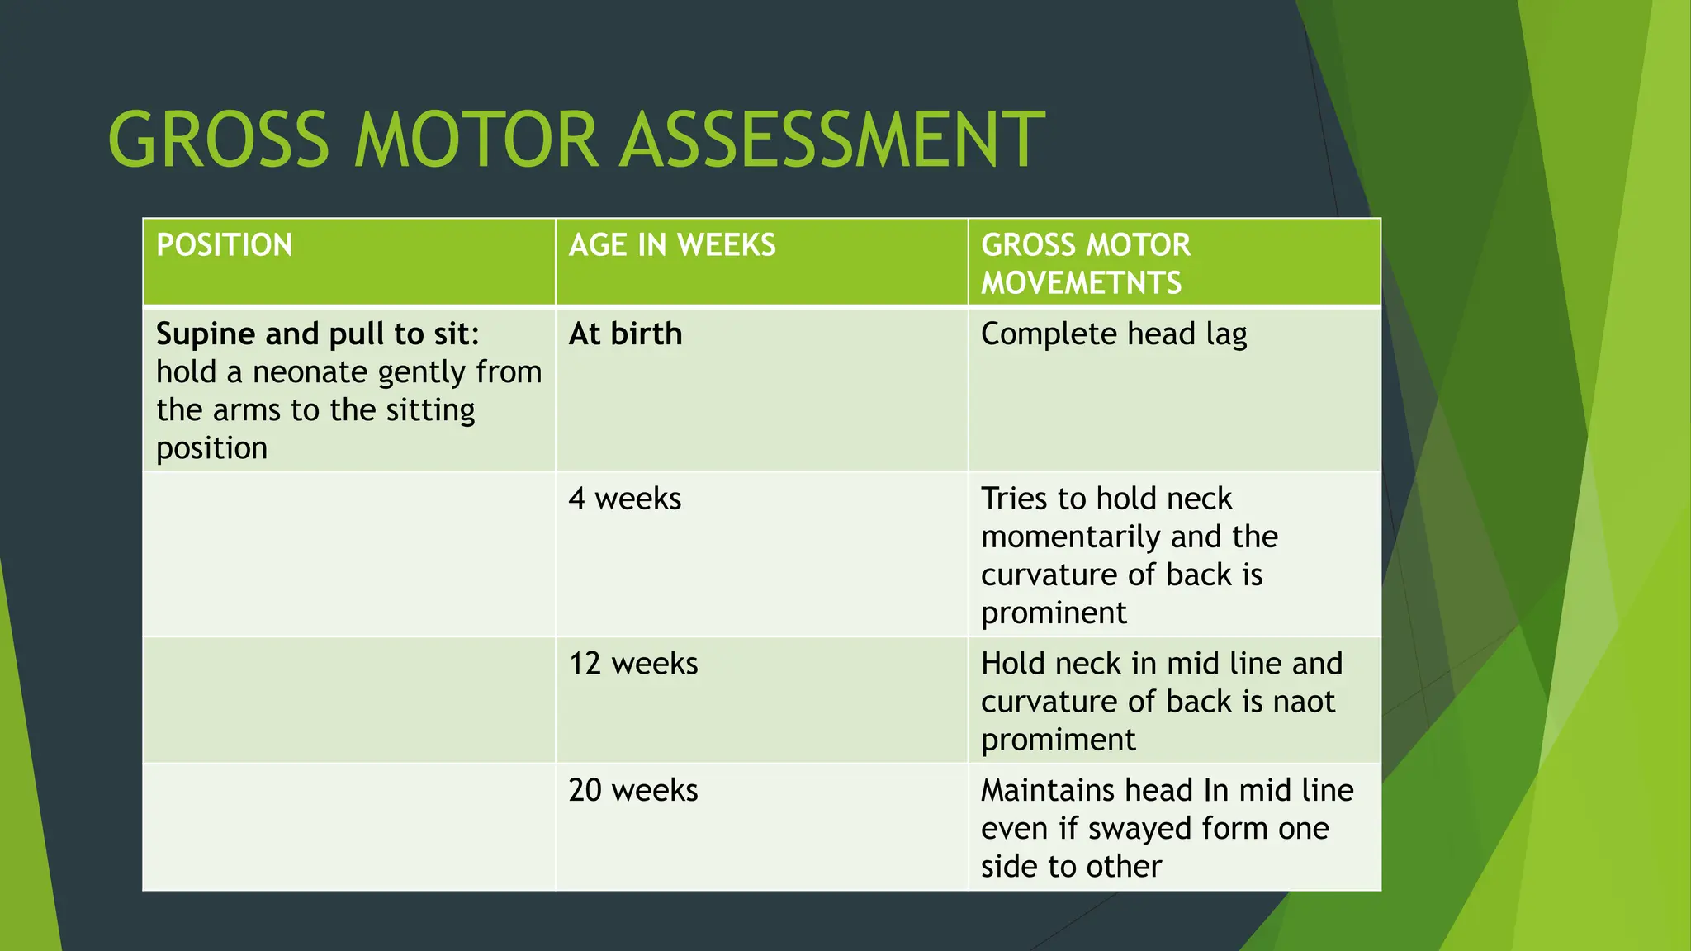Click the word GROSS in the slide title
click(x=219, y=140)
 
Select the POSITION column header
click(x=224, y=245)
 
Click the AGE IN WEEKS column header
click(x=672, y=245)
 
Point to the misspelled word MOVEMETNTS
click(x=1081, y=283)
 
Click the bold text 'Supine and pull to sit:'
click(x=318, y=334)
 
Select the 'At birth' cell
click(x=625, y=334)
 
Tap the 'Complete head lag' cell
click(x=1113, y=334)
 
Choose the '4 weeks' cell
click(x=624, y=499)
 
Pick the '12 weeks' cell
click(x=632, y=664)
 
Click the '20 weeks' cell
click(x=632, y=791)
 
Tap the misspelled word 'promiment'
click(x=1058, y=740)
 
